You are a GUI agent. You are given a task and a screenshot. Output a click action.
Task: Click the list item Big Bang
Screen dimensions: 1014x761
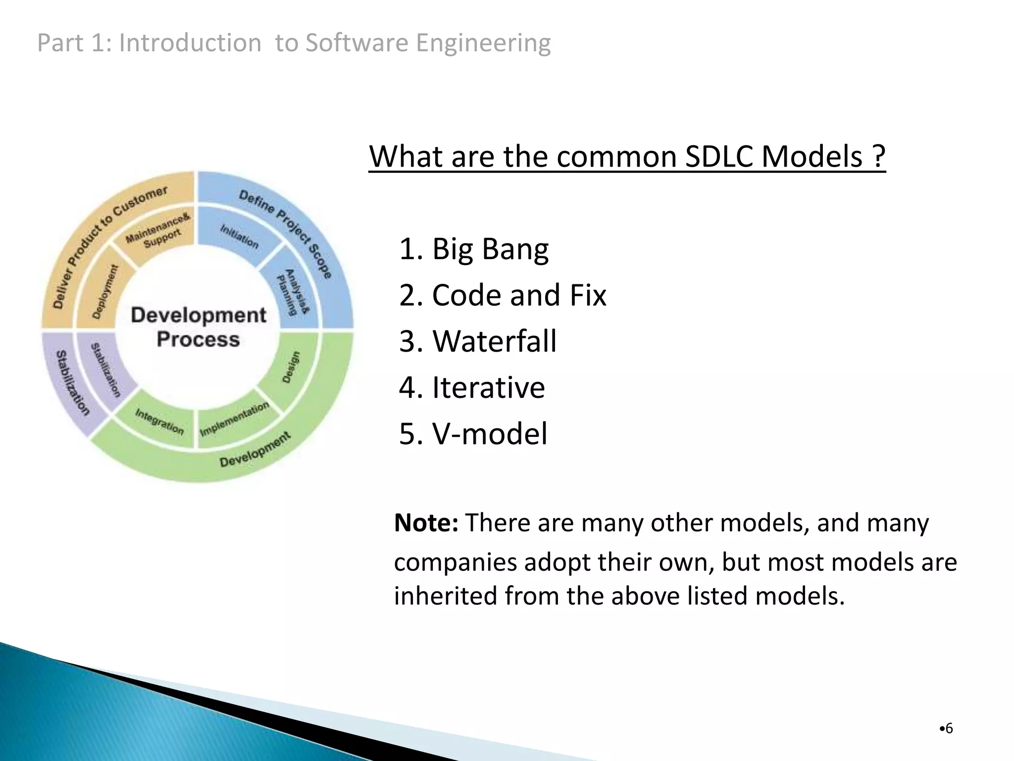(x=473, y=249)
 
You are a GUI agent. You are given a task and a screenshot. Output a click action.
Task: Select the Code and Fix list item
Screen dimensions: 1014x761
(x=502, y=295)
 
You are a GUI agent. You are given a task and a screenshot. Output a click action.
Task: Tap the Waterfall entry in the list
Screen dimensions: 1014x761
(x=477, y=341)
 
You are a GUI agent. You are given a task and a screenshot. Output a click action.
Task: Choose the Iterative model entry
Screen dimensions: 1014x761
(x=471, y=387)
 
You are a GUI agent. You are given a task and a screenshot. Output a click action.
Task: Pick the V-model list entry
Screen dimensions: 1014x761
(x=473, y=434)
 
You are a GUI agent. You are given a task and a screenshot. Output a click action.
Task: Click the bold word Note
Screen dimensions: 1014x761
(x=426, y=523)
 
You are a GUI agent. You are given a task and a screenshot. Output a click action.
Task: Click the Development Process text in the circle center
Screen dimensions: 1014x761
(x=198, y=327)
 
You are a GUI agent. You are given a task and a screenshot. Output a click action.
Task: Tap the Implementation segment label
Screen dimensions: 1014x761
(x=234, y=419)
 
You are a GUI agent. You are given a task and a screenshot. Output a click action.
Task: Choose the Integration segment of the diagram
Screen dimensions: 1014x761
(x=159, y=422)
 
